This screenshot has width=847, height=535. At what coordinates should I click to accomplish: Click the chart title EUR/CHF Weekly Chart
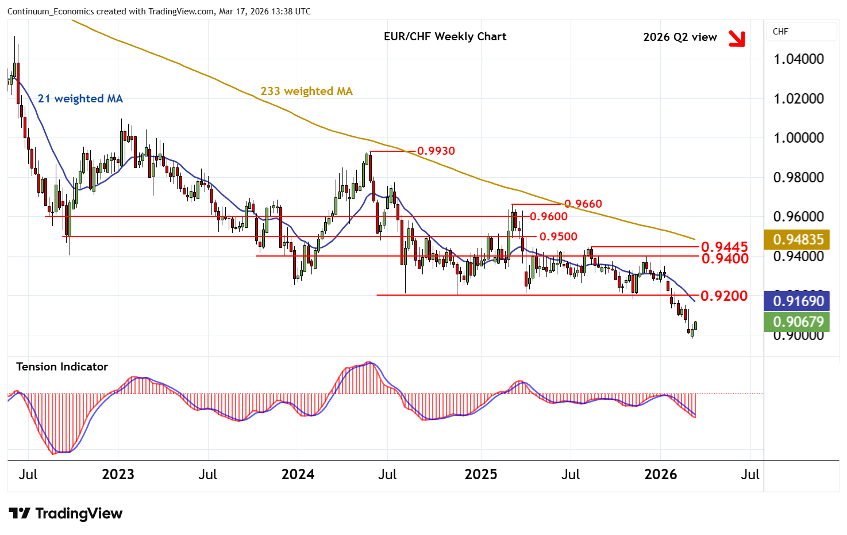pos(445,37)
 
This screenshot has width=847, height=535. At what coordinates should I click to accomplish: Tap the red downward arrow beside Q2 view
pos(736,38)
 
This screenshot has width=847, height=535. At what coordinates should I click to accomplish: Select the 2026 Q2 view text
pos(680,37)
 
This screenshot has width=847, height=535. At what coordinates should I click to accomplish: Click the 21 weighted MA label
pos(80,99)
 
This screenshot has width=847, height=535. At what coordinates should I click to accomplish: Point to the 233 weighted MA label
pos(306,91)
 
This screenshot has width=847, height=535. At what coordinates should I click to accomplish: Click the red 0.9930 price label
pos(436,151)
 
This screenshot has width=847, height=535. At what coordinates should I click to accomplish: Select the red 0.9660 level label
pos(583,204)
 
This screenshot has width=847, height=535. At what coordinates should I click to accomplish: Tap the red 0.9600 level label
pos(548,217)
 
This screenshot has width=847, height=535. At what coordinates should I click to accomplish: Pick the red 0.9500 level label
pos(558,237)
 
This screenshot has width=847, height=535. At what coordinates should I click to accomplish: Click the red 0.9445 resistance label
pos(724,247)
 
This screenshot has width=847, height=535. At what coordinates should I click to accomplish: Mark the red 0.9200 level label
pos(724,296)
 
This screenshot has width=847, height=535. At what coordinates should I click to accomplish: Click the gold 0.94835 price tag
pos(798,239)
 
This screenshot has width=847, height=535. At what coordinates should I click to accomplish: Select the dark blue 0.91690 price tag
pos(798,301)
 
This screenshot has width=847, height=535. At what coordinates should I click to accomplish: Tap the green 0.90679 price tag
pos(798,322)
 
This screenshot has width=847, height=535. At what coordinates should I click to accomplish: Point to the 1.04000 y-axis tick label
pos(798,59)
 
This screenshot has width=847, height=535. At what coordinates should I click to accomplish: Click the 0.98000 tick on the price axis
pos(798,178)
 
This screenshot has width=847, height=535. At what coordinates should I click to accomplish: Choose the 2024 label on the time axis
pos(298,475)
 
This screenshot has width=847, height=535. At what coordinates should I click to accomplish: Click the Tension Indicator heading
pos(62,367)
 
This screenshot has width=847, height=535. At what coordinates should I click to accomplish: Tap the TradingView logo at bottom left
pos(66,514)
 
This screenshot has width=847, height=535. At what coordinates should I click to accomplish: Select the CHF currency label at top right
pos(780,32)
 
